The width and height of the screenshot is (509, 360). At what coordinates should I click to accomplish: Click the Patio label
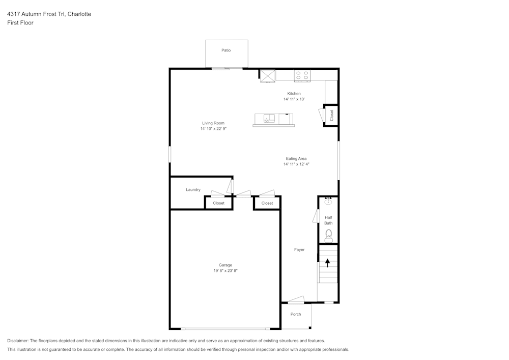(x=226, y=50)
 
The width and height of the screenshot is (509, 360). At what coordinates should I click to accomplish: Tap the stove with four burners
(x=302, y=75)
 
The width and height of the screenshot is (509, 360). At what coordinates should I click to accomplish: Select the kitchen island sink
(x=269, y=119)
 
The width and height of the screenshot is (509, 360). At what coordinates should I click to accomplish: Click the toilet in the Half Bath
(x=329, y=235)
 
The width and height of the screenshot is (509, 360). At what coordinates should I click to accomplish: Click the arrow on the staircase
(x=327, y=263)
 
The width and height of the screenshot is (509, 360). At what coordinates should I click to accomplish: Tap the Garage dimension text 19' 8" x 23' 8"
(x=225, y=271)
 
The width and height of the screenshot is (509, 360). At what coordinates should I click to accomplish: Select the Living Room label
(x=213, y=123)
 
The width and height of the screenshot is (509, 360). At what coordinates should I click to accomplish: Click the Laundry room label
(x=193, y=190)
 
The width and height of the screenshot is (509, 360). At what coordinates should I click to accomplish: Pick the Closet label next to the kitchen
(x=332, y=116)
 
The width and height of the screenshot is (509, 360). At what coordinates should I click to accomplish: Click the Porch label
(x=296, y=314)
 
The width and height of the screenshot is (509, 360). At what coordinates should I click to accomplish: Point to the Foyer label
(x=299, y=250)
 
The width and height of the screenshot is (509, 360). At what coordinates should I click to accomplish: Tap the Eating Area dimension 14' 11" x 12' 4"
(x=296, y=164)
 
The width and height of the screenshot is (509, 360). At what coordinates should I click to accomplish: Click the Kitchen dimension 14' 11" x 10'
(x=294, y=99)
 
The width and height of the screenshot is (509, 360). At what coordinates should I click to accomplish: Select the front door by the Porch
(x=296, y=300)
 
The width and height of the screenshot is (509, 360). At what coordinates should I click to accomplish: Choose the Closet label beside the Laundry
(x=218, y=203)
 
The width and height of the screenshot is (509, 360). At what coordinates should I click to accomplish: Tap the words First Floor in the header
(x=20, y=23)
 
